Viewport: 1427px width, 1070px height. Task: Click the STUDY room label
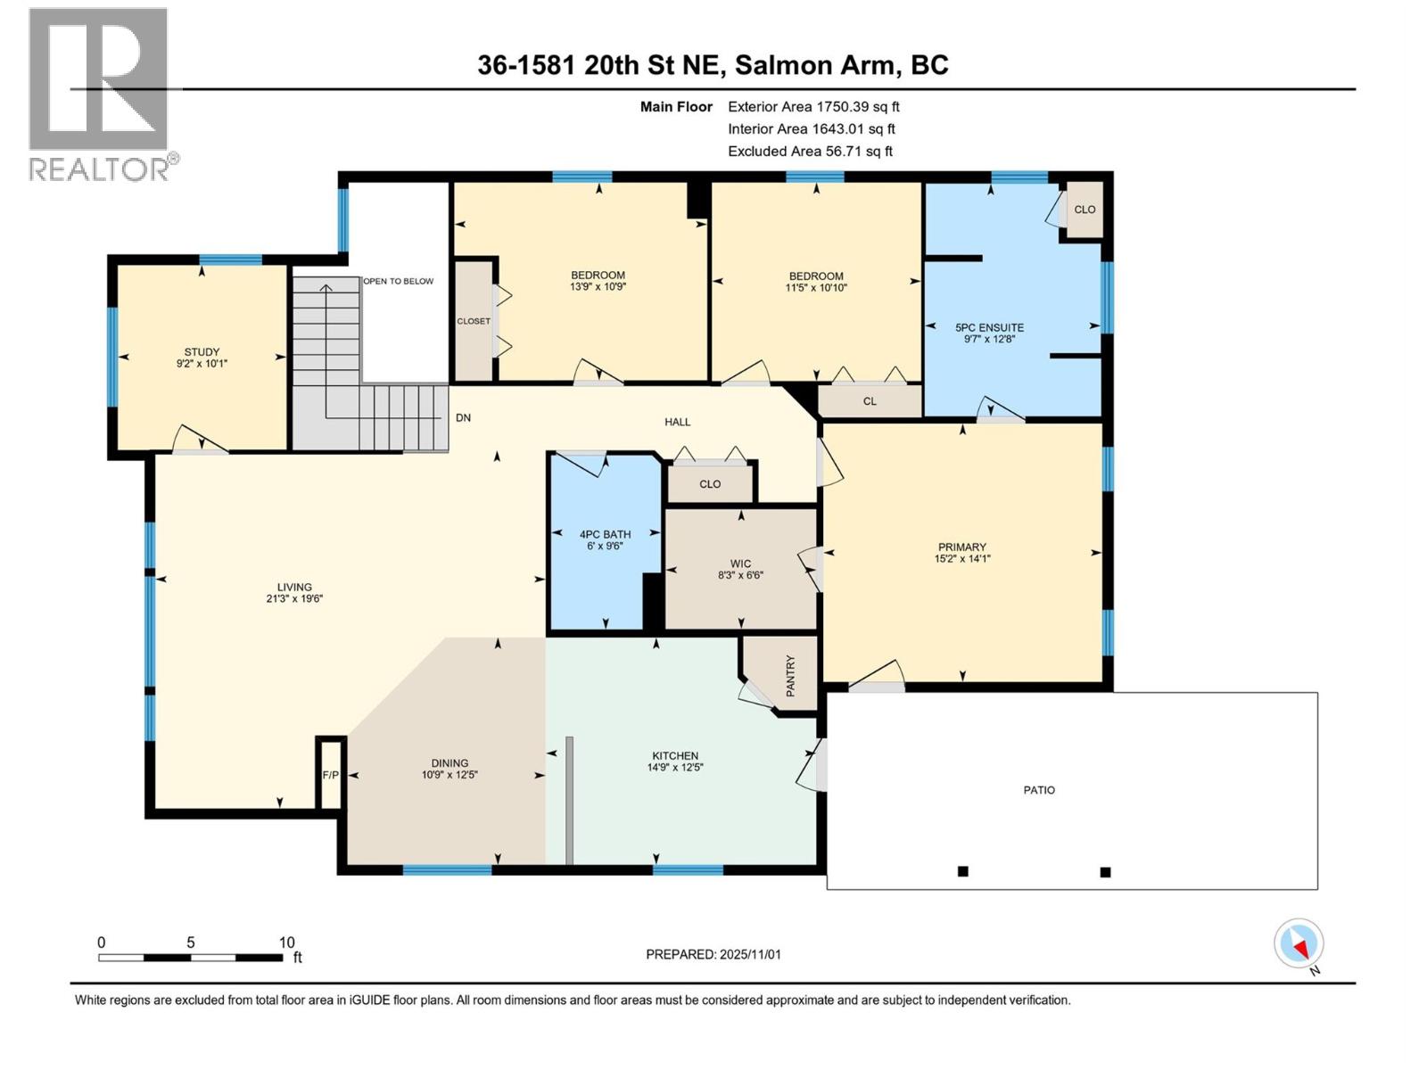(x=202, y=352)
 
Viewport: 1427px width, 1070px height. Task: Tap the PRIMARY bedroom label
(x=961, y=547)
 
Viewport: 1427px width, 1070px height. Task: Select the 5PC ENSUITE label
(x=989, y=327)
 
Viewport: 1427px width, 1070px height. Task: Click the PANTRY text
(x=789, y=676)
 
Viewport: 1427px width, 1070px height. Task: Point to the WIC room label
(x=740, y=564)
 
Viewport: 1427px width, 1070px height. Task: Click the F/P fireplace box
(x=330, y=775)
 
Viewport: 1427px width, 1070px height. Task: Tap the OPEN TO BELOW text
(x=398, y=281)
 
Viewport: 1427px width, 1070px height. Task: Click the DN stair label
(x=463, y=417)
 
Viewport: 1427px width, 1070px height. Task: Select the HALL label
(x=677, y=422)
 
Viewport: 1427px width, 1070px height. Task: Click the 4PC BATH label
(x=605, y=534)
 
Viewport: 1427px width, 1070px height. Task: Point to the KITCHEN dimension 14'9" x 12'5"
(x=675, y=767)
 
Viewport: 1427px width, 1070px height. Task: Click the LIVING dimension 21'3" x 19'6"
(x=293, y=599)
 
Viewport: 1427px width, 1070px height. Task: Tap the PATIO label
(x=1039, y=790)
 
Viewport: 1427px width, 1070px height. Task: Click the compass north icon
(x=1299, y=943)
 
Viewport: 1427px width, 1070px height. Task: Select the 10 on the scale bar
(x=286, y=942)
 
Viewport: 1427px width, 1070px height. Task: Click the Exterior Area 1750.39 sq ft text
(x=813, y=106)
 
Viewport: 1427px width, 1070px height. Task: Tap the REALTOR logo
(x=100, y=94)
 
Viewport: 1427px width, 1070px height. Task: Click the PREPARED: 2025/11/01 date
(x=713, y=954)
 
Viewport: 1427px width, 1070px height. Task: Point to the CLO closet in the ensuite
(x=1085, y=210)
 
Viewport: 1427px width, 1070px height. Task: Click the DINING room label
(x=450, y=763)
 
